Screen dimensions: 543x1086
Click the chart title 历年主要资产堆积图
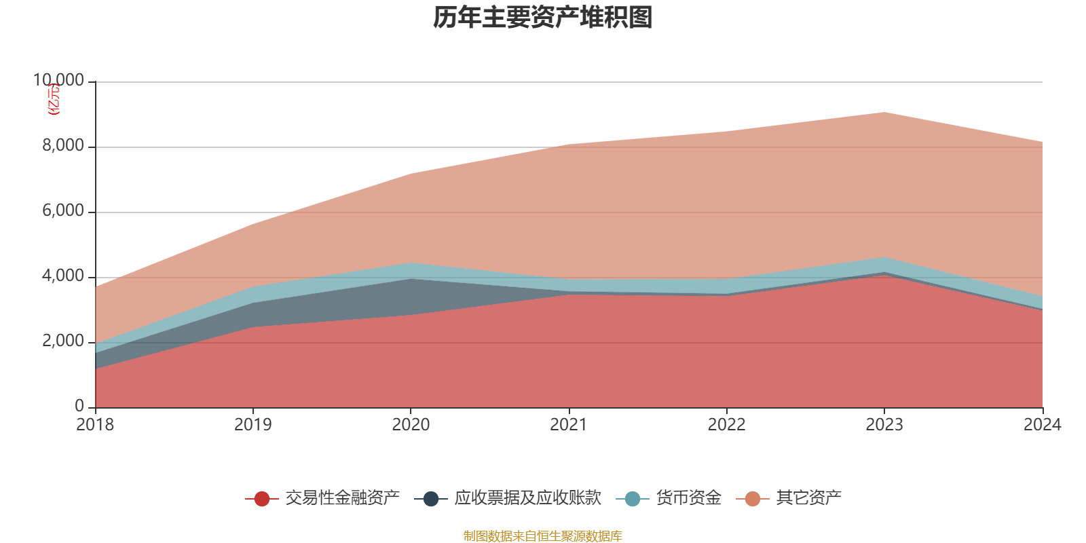coord(543,18)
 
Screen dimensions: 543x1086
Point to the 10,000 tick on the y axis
coord(59,81)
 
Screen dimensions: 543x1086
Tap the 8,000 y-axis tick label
coord(63,146)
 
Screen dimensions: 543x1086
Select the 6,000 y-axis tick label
coord(63,211)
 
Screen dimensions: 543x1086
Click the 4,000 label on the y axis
coord(63,276)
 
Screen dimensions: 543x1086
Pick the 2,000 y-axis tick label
coord(63,341)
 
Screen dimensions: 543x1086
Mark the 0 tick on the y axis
coord(79,406)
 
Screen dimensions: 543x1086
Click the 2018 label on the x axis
coord(95,425)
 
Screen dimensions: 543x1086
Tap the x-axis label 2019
coord(252,425)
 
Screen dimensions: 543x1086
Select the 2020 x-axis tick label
coord(411,425)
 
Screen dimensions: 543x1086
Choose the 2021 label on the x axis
coord(568,425)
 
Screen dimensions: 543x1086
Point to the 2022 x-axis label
coord(726,425)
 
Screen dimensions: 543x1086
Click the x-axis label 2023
coord(884,425)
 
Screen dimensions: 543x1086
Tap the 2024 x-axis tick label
coord(1042,425)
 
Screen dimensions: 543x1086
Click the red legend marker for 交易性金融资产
coord(262,499)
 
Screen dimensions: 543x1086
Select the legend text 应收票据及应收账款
coord(527,498)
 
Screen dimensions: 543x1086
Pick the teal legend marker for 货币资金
coord(632,499)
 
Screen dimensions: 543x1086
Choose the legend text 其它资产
coord(808,498)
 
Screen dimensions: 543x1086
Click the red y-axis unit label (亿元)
coord(53,99)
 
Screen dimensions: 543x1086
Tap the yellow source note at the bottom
coord(543,536)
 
